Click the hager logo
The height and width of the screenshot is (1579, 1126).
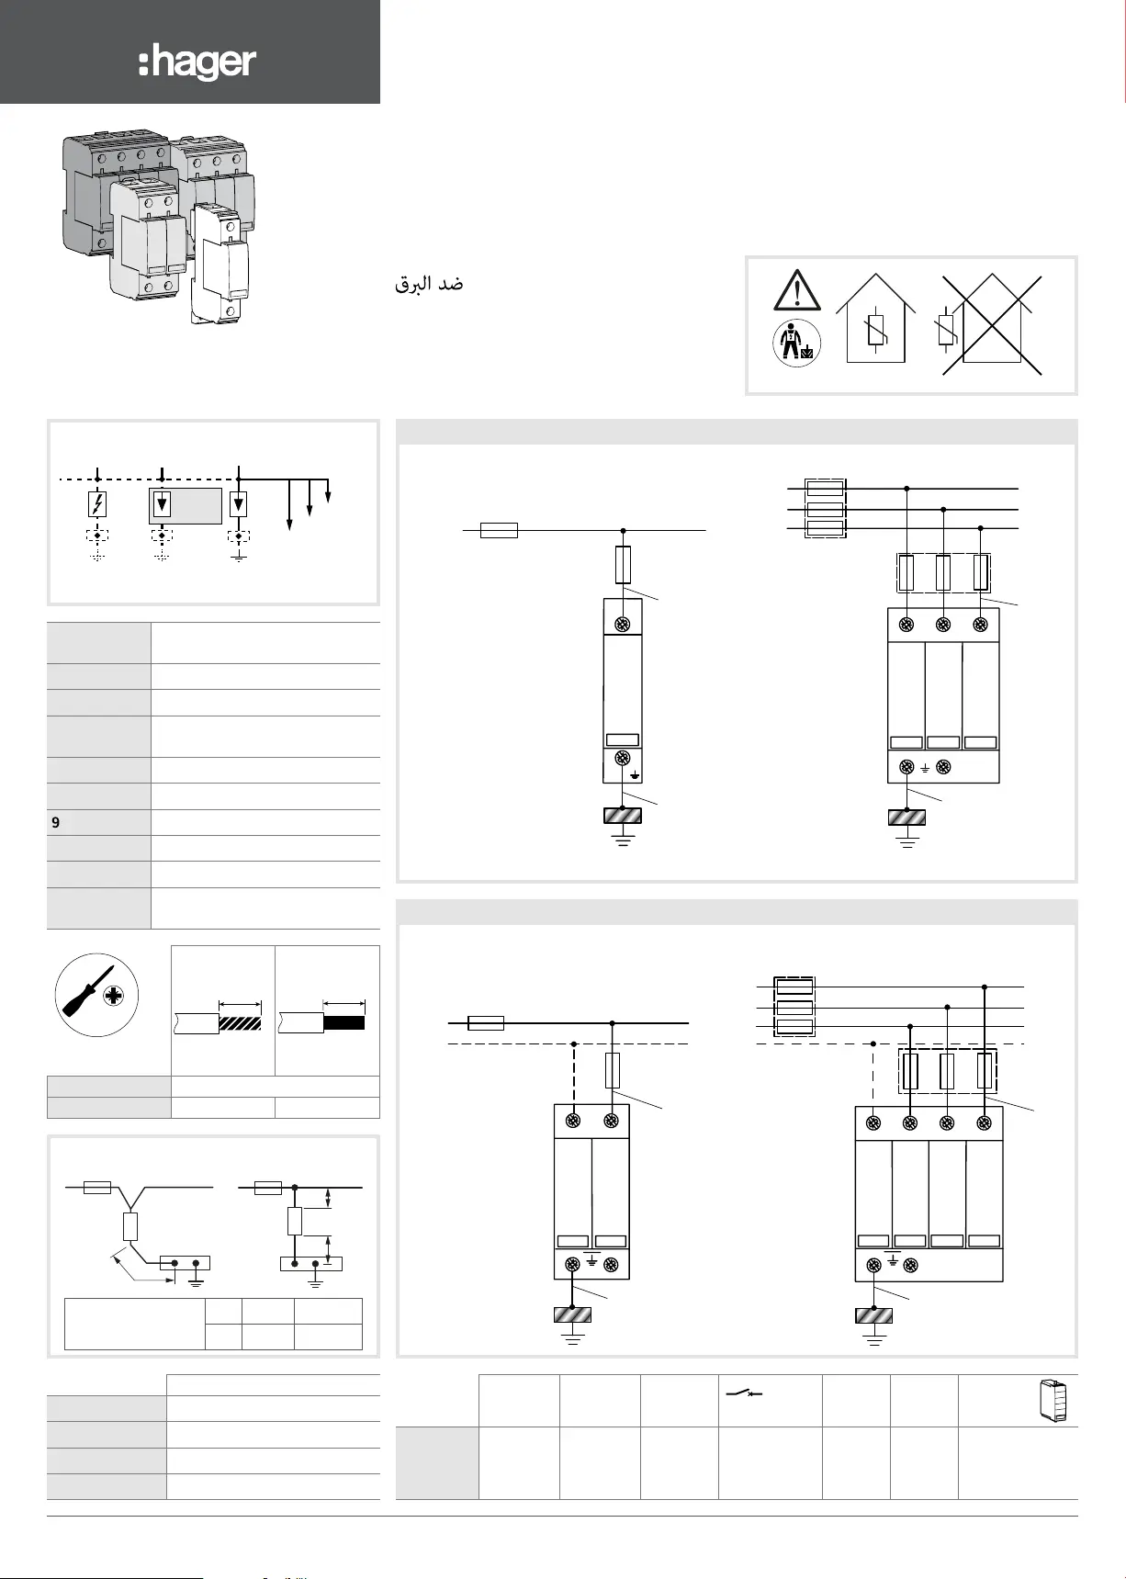pos(197,63)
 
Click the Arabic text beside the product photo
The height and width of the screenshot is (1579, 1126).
pos(429,284)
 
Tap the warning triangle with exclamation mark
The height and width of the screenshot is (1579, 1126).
pos(797,290)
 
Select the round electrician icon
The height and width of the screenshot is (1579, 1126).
pos(796,344)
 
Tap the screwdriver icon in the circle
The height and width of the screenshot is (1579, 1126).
pos(96,995)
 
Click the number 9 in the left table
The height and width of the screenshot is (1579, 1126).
pos(56,823)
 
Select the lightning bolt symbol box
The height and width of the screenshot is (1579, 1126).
pos(97,504)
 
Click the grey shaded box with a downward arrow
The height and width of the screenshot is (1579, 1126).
pos(186,505)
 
